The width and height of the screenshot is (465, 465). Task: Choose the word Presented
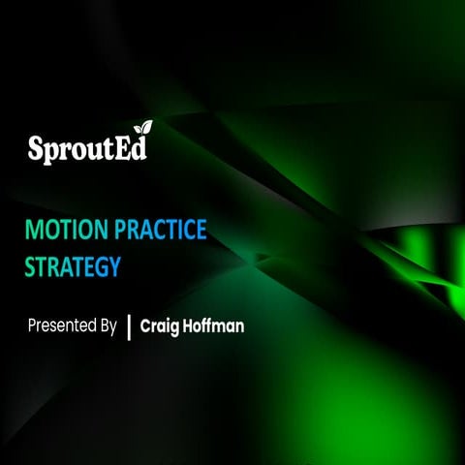[62, 325]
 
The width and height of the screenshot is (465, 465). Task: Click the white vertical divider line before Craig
[129, 325]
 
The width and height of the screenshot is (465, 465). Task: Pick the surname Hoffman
[214, 325]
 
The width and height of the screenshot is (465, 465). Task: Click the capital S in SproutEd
[36, 149]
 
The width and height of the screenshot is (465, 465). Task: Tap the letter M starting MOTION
[35, 232]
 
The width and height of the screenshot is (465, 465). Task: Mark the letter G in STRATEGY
[106, 264]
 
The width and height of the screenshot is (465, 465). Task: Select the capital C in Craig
[146, 325]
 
